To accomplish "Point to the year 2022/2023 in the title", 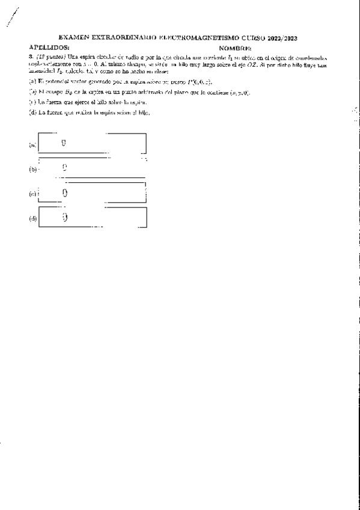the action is pos(281,38).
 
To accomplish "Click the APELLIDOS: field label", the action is pos(49,46).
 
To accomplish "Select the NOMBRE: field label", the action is pos(236,47).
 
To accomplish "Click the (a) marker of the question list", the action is pos(32,81).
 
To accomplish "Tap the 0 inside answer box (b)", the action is pos(64,168).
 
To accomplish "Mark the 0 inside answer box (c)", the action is pos(64,193).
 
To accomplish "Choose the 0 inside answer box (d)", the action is pos(64,217).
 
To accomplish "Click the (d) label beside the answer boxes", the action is pos(32,218).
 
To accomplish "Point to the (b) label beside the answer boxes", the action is pos(32,169).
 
